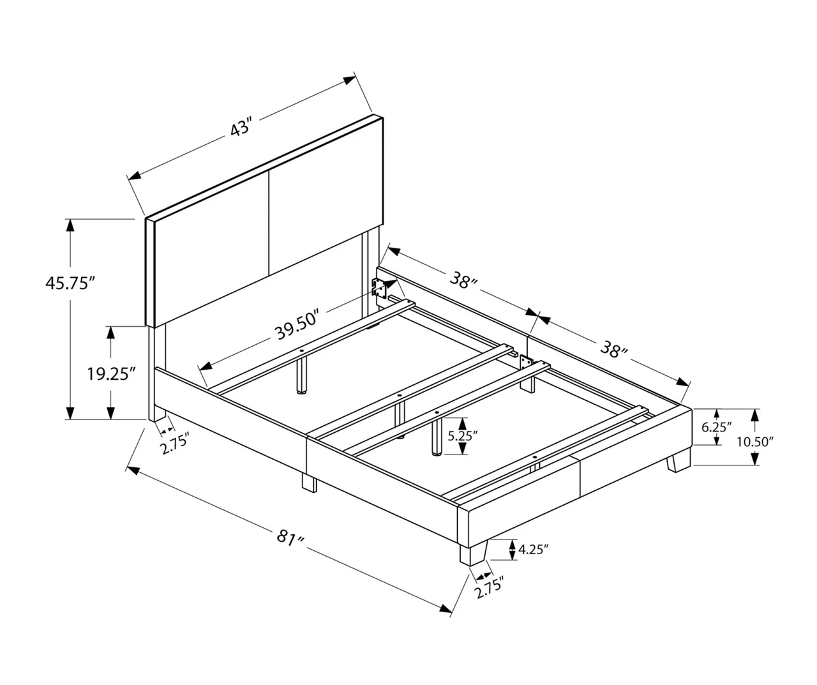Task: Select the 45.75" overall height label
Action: [x=70, y=283]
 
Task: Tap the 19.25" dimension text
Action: [x=112, y=374]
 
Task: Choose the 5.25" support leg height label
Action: [x=463, y=436]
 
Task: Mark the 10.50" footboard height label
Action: [x=754, y=440]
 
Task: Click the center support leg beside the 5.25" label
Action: [x=437, y=438]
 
